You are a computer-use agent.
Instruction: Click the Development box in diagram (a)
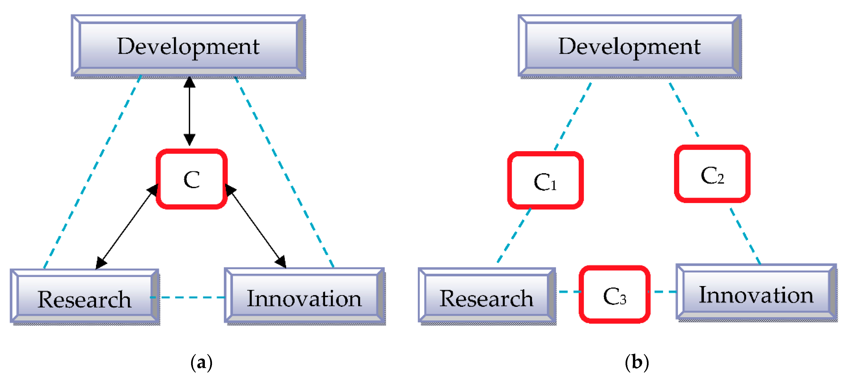pos(188,46)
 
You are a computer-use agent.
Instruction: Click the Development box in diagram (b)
pos(629,46)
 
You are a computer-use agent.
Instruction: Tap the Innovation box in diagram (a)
pos(304,297)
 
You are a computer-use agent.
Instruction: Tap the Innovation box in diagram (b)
pos(756,294)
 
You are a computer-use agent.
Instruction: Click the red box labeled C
pos(192,179)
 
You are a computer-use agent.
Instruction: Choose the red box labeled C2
pos(712,174)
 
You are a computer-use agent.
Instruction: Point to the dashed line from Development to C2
pos(684,110)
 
